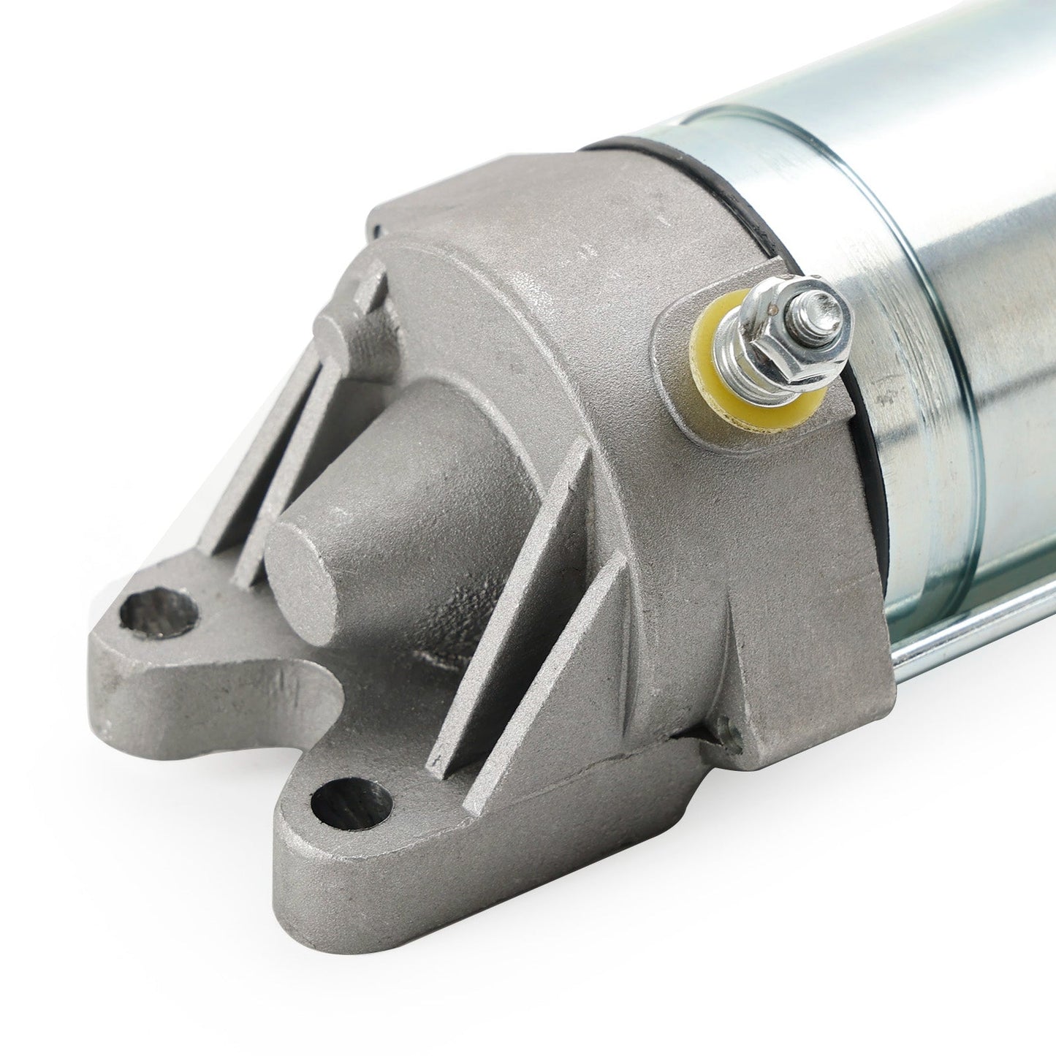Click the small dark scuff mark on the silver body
click(x=888, y=398)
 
